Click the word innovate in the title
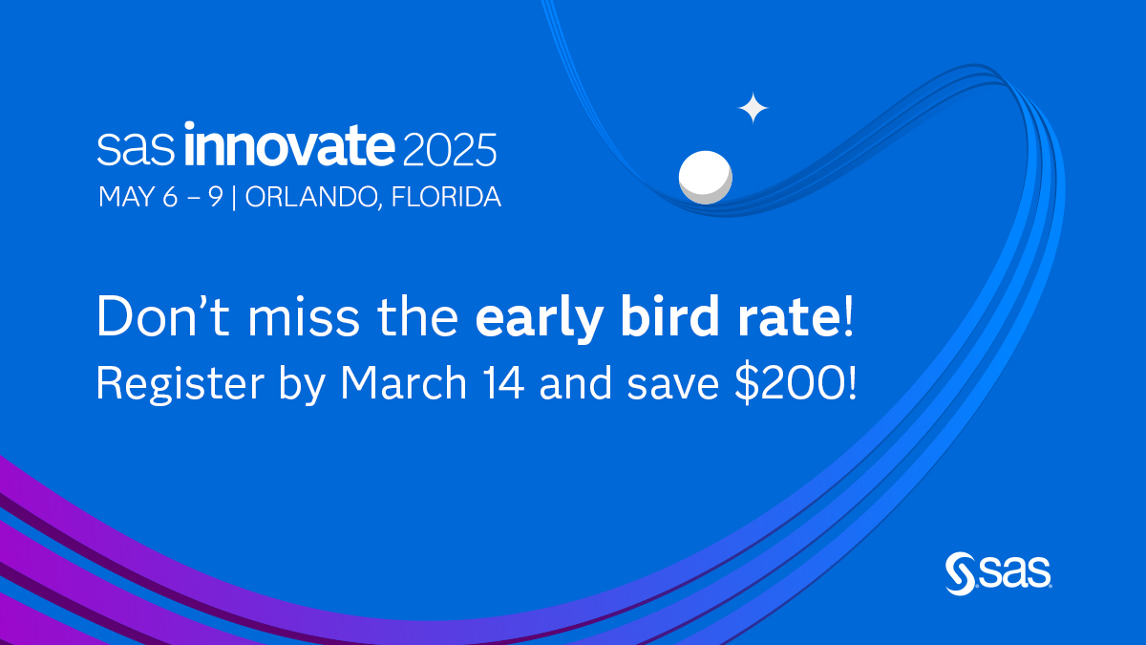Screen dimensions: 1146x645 [289, 144]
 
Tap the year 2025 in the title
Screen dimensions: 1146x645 [450, 149]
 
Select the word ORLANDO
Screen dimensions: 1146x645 [311, 197]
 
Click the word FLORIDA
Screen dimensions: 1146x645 [446, 197]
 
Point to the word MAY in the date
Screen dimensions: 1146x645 [126, 197]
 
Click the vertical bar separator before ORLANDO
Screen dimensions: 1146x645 [234, 198]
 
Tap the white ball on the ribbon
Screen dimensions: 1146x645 [706, 177]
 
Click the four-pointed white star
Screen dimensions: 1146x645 [753, 108]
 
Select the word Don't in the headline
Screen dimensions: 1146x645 [163, 316]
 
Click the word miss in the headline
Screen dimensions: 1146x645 [304, 317]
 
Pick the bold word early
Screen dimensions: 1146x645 [540, 319]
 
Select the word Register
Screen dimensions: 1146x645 [180, 384]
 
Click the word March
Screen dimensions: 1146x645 [404, 383]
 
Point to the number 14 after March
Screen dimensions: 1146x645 [504, 383]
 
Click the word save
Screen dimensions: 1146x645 [673, 387]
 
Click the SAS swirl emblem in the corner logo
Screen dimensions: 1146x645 [961, 574]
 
